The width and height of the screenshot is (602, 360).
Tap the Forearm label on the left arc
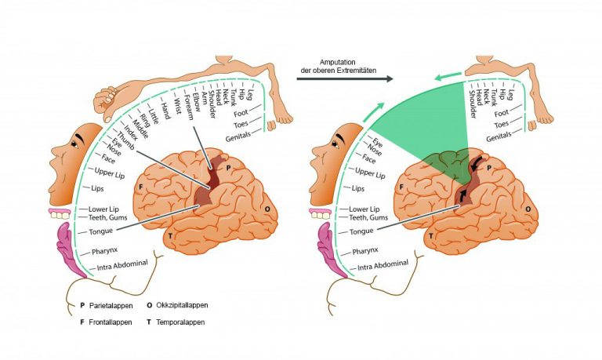pos(189,107)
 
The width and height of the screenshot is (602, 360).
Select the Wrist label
pos(178,107)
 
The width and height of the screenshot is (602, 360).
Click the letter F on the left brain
pos(141,187)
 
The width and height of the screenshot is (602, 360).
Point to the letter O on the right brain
pos(528,209)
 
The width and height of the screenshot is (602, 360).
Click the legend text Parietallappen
pos(111,306)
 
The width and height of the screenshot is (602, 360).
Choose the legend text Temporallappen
pos(180,322)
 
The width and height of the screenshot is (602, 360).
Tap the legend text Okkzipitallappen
pos(182,305)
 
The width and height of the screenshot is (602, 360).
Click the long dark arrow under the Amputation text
pos(345,78)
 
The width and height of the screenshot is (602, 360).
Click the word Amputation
pos(338,62)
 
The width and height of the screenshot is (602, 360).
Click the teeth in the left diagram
pos(60,213)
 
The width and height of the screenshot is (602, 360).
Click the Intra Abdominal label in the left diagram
pos(122,265)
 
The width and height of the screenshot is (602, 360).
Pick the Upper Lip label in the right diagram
pos(370,173)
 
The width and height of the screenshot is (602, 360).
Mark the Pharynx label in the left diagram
pos(104,251)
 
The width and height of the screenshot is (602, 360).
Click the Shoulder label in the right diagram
pos(473,104)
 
